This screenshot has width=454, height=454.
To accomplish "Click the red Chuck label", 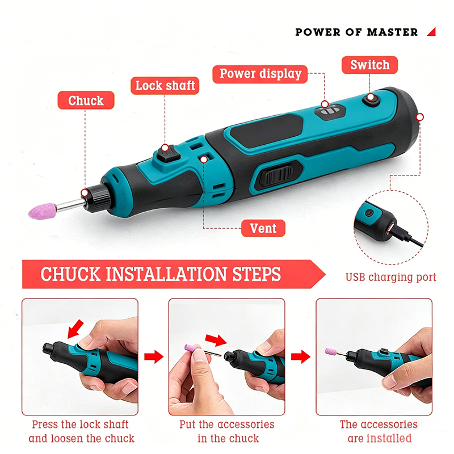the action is coord(86,100).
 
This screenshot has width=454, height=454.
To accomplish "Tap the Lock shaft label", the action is coord(165,86).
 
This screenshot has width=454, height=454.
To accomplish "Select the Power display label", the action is coord(260,74).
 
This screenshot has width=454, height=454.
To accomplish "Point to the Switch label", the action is coord(370,65).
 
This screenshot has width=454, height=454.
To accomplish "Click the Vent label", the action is coord(263,228).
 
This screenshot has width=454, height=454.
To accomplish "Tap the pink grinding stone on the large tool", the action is coord(42,211).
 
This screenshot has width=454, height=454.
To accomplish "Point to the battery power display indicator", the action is coord(331,111).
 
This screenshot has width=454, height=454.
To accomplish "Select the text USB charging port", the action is coord(391,277).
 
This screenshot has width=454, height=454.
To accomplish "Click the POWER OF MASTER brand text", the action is coord(356,32).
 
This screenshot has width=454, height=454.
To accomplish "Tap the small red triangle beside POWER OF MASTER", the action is coord(432,32).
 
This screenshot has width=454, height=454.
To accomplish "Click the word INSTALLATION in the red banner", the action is coord(166,274).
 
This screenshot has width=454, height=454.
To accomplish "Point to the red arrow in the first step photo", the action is coord(75,329).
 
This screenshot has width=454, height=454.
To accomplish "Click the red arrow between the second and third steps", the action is coord(301,356).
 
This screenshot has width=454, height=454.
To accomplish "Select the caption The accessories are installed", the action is coord(379,431).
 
